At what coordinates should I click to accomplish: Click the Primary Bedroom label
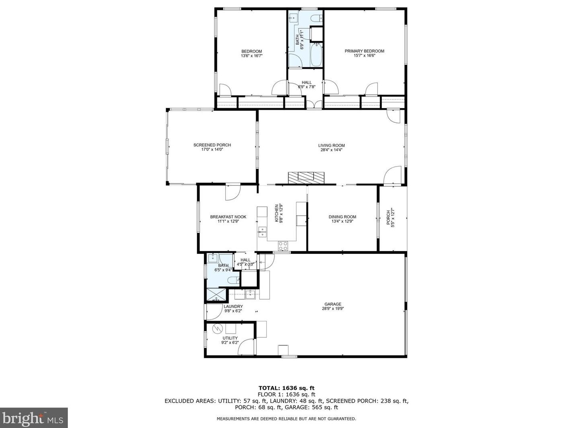coord(364,51)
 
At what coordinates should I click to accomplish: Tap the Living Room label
coord(331,146)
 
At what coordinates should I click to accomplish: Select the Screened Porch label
coord(212,145)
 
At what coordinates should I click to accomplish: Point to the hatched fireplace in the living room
coord(306,178)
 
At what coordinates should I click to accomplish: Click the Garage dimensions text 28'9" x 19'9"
coord(333,309)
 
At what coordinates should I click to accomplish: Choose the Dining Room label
coord(342,217)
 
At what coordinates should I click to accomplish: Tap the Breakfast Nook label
coord(228,217)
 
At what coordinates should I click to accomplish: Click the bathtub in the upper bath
coord(316,55)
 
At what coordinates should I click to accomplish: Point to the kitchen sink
coord(262,230)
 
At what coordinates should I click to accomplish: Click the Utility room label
coord(230,338)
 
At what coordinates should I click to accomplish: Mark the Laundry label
coord(233,306)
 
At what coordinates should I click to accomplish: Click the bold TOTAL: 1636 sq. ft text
coord(286,388)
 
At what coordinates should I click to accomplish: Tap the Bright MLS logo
coord(34,418)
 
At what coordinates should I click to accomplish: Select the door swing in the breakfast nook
coord(232,193)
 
